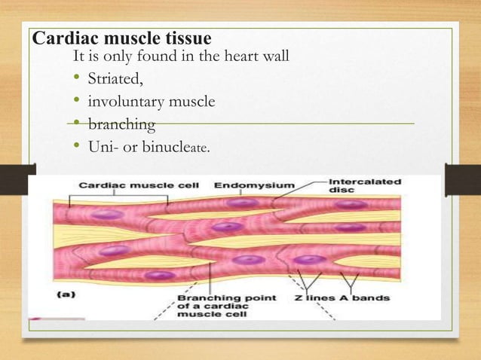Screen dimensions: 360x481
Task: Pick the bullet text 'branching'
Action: [121, 124]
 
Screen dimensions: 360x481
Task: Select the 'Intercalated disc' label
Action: [365, 185]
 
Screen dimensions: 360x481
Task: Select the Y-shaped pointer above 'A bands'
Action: [348, 280]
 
